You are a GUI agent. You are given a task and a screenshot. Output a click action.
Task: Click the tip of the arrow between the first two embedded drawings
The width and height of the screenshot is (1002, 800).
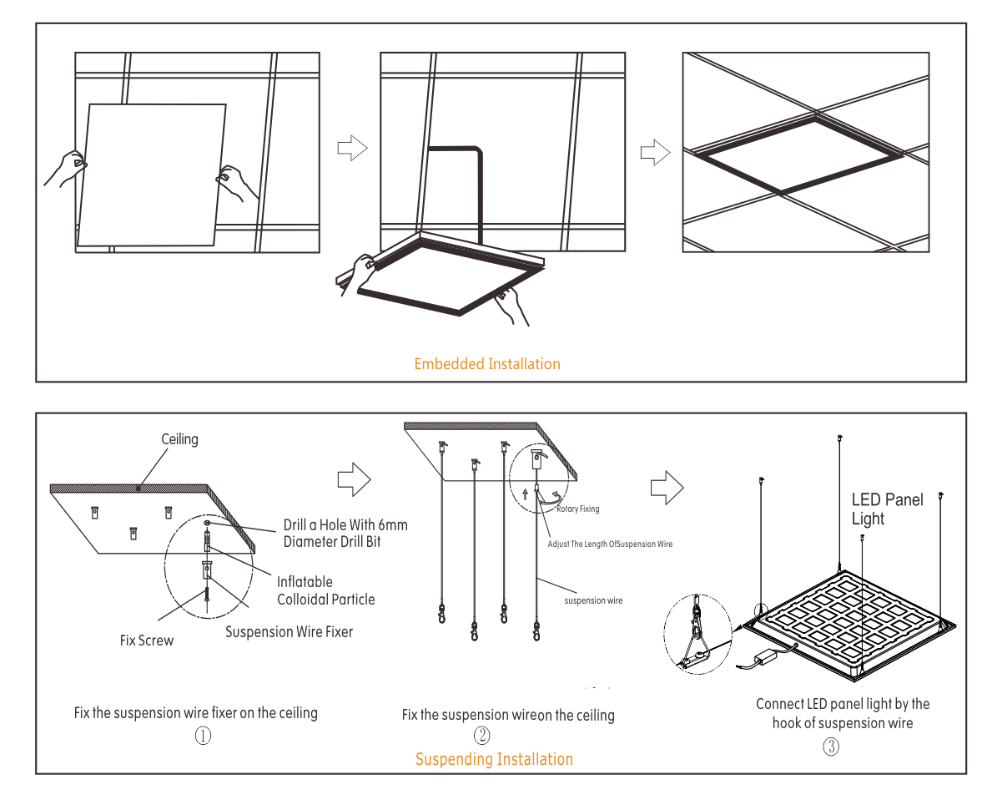(367, 149)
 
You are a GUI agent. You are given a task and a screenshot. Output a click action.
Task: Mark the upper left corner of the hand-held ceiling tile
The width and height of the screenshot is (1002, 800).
(89, 104)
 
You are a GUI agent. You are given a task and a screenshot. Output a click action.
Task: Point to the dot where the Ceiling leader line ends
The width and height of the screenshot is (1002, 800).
(138, 489)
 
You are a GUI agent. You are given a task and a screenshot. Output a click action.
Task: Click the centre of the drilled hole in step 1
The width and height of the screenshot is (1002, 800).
(207, 522)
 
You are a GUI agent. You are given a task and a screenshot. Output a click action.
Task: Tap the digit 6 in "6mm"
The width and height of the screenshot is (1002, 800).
(382, 525)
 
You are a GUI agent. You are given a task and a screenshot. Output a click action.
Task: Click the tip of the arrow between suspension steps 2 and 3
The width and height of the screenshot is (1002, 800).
(683, 488)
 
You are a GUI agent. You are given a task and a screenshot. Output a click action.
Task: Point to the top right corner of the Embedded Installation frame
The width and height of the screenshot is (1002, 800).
(966, 23)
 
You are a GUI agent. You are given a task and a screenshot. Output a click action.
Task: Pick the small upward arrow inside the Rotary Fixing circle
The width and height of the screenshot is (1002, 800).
(526, 494)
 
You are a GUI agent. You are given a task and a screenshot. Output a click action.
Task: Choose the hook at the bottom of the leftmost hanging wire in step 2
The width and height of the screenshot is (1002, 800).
(442, 614)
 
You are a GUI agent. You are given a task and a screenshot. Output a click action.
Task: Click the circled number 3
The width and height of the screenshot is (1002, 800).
(831, 747)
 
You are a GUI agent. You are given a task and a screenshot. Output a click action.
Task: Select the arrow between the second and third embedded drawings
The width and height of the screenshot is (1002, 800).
(656, 153)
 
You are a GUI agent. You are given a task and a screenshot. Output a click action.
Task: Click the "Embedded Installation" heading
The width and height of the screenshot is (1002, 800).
(487, 363)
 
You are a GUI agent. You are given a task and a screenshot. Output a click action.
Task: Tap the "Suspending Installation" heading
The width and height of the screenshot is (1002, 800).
(494, 759)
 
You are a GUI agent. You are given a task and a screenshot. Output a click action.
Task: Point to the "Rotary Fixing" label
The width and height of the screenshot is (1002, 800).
(578, 509)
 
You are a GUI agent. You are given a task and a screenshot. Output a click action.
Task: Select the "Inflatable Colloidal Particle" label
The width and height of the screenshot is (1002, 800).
(326, 590)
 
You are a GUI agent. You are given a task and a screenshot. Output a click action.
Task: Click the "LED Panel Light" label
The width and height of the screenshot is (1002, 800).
(887, 509)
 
